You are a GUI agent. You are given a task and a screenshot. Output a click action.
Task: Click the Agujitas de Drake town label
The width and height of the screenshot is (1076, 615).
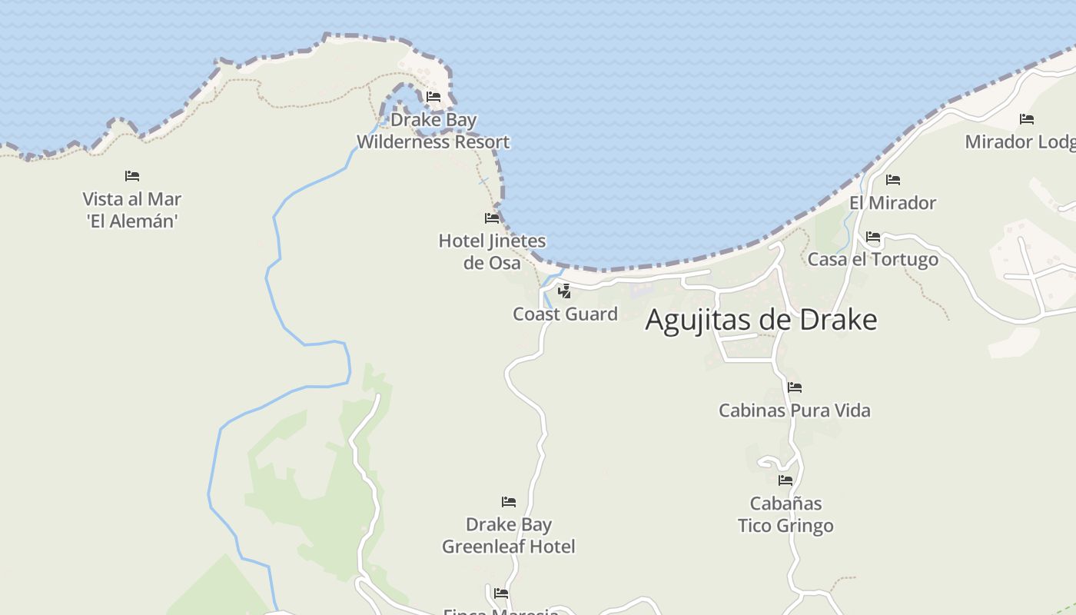tap(761, 320)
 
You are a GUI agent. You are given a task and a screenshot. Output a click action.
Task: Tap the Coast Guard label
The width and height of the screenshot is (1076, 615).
tap(565, 314)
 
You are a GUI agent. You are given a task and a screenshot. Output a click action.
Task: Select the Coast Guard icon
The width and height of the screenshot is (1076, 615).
tap(564, 291)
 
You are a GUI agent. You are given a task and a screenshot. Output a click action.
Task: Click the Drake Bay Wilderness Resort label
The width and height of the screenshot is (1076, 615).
tap(433, 131)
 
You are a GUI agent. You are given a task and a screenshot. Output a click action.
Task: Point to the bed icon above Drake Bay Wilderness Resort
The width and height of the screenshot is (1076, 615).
tap(433, 97)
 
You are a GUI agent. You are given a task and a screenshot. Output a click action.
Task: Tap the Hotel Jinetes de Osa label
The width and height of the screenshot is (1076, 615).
tap(492, 252)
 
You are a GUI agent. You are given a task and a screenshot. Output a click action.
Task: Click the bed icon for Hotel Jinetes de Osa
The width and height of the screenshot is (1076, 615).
tap(492, 218)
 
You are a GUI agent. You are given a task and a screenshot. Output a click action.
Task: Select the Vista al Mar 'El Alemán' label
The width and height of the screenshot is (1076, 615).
tap(132, 210)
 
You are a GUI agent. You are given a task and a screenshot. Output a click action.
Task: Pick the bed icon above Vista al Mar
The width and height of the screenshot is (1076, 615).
tap(132, 176)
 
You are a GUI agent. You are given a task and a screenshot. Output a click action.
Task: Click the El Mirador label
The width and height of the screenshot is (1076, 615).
tap(892, 203)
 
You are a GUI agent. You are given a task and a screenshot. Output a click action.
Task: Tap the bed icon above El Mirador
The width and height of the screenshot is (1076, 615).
tap(892, 180)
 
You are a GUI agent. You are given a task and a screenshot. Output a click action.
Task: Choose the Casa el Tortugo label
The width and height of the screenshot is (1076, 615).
tap(872, 259)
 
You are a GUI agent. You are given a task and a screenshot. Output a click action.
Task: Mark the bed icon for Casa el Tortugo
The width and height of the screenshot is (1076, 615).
tap(872, 237)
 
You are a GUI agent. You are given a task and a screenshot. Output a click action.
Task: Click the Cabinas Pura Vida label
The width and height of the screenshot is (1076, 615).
tap(794, 411)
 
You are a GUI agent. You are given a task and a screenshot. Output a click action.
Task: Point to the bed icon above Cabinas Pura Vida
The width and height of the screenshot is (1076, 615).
tap(794, 387)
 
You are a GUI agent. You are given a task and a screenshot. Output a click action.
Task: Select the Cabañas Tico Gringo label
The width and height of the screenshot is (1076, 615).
tap(785, 515)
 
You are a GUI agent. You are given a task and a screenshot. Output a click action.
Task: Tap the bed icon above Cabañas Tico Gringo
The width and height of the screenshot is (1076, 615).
tap(785, 480)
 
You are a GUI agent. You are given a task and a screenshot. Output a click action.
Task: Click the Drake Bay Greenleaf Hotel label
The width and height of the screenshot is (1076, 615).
tap(508, 536)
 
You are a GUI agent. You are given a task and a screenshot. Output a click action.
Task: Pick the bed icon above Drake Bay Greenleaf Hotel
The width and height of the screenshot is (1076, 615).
tap(508, 502)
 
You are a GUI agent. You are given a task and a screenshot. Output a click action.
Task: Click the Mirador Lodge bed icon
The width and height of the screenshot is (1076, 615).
tap(1026, 119)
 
